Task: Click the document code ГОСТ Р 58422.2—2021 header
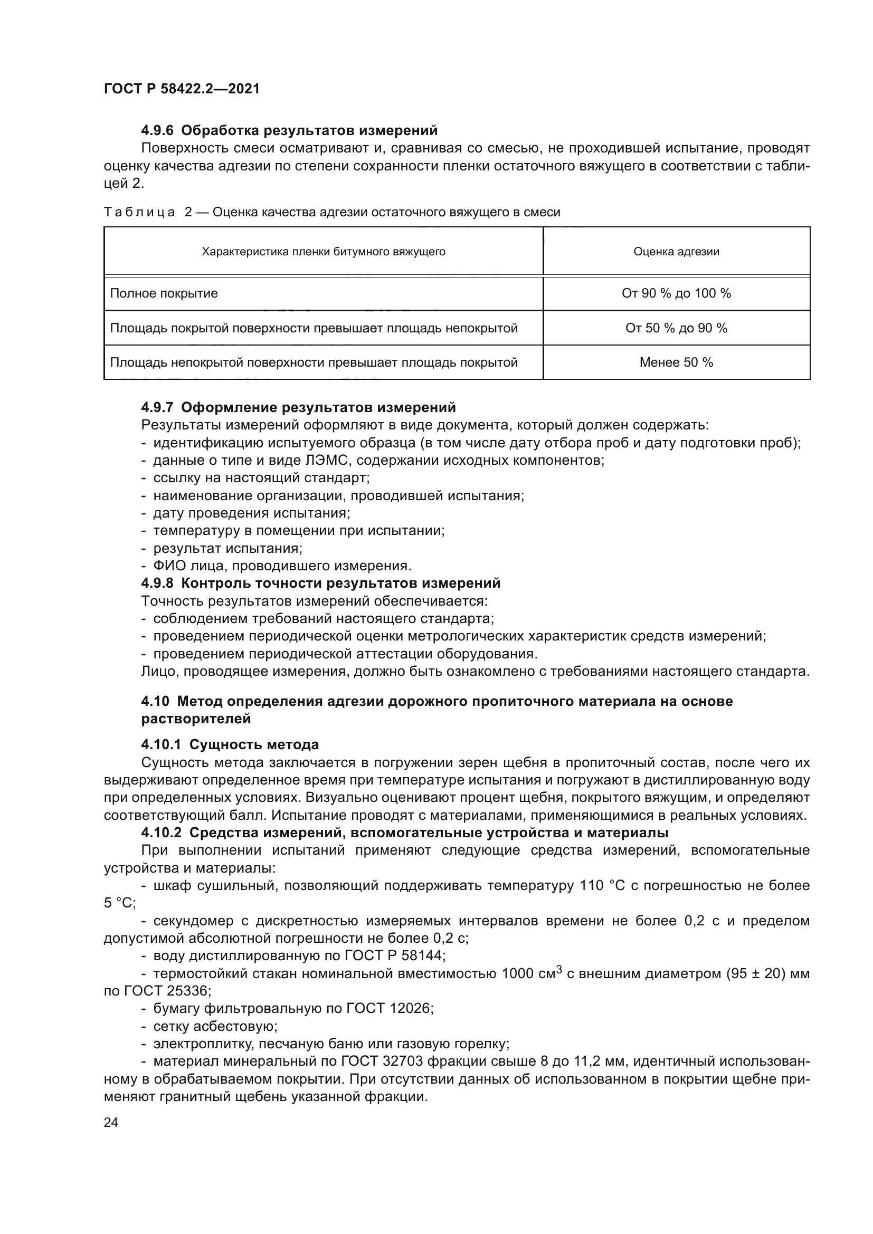tap(182, 89)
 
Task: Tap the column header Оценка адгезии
tap(676, 252)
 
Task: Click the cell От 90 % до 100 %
tap(676, 293)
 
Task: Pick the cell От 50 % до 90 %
tap(676, 328)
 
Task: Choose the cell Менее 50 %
tap(676, 362)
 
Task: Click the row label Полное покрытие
tap(164, 293)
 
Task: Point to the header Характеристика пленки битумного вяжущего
tap(323, 252)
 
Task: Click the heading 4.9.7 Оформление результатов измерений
tap(298, 407)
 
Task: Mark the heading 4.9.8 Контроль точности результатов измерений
tap(320, 583)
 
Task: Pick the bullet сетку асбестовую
tap(215, 1026)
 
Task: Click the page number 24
tap(111, 1122)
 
